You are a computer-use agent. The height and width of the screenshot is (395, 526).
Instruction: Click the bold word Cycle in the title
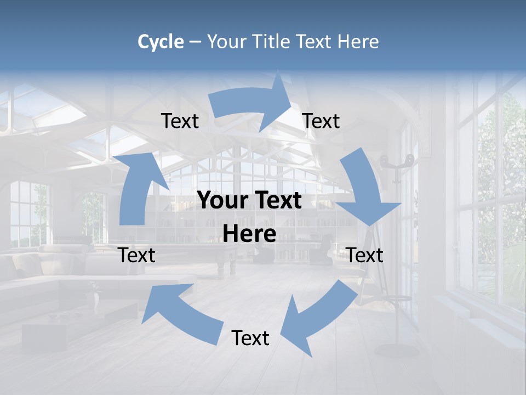point(161,42)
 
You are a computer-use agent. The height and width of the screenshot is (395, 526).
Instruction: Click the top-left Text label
point(180,121)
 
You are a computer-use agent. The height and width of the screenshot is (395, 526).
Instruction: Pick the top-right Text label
point(321,121)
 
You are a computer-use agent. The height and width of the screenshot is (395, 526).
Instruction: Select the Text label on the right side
point(365,255)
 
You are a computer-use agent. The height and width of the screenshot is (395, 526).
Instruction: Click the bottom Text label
point(250,338)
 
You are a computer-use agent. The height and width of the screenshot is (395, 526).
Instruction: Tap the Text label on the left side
point(137,255)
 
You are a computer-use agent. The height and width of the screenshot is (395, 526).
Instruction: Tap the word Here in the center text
point(249,234)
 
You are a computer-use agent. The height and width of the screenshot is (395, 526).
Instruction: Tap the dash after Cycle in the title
point(195,42)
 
